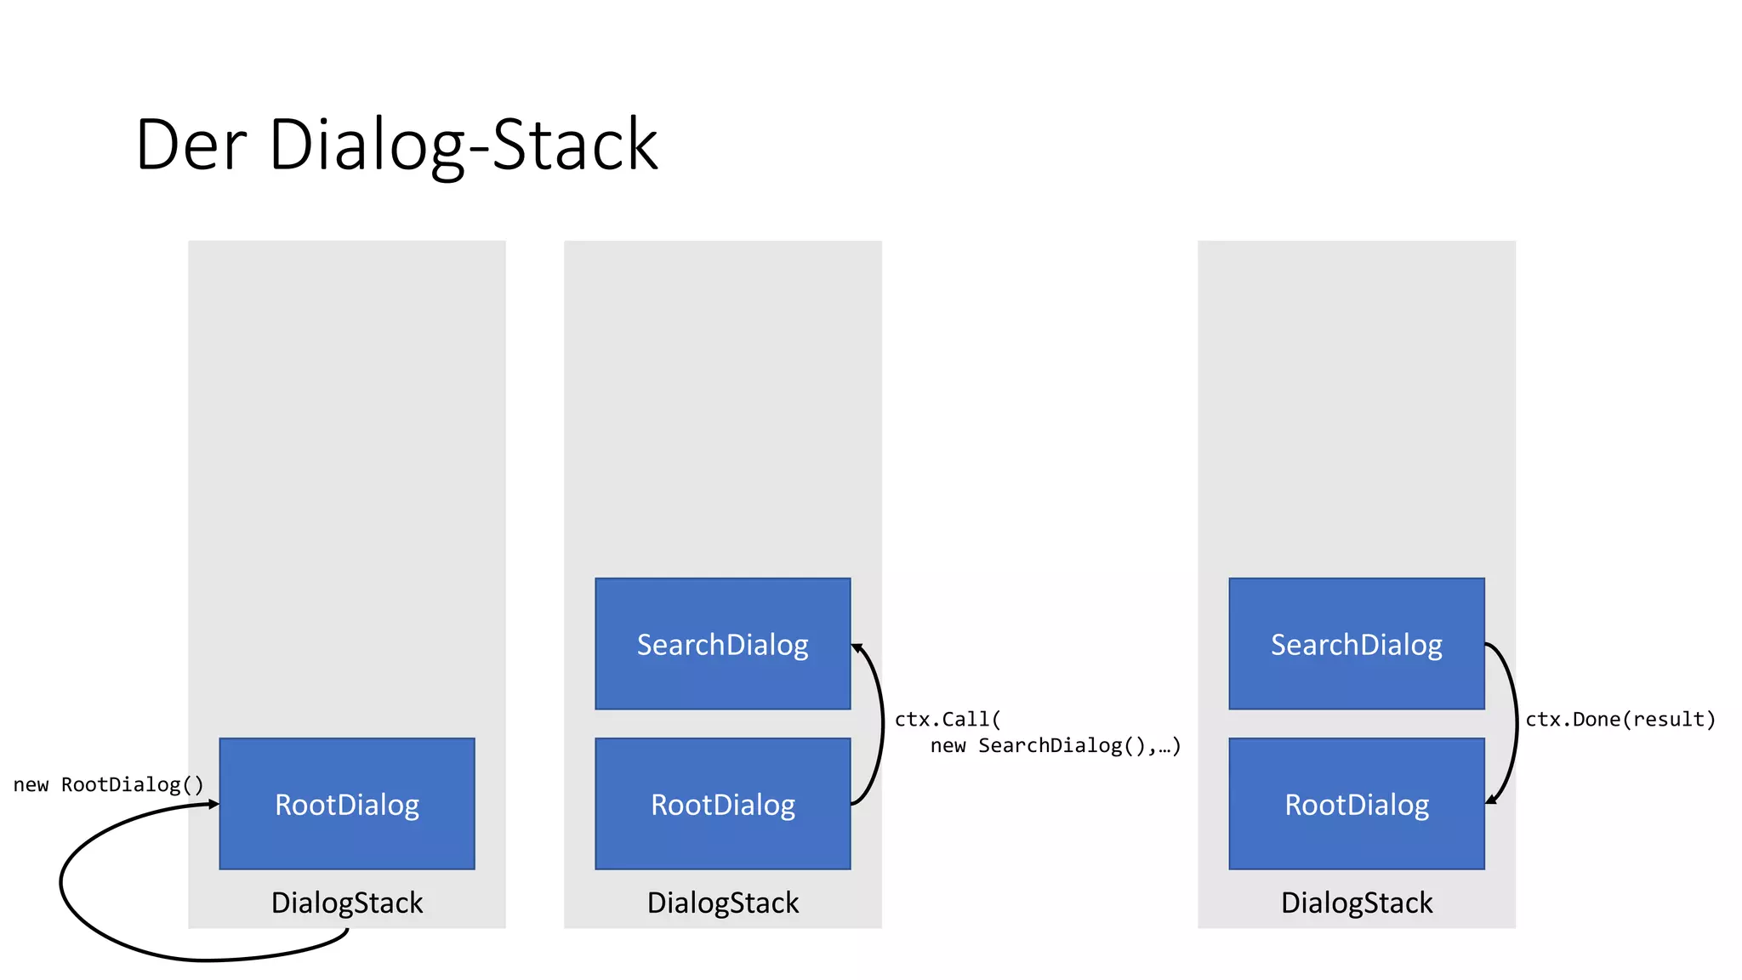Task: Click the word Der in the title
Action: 191,145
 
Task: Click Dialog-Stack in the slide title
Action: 464,145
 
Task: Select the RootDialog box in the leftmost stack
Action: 347,804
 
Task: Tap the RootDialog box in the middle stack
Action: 723,804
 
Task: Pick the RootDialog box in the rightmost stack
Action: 1357,804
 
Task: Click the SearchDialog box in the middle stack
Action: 723,644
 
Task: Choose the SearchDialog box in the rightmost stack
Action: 1357,644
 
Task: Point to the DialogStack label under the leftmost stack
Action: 347,903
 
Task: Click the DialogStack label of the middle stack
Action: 723,903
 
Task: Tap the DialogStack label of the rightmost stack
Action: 1357,903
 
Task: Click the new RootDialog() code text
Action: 109,784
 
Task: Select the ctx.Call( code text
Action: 948,720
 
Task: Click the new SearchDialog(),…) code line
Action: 1055,746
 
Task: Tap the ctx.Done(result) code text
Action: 1620,720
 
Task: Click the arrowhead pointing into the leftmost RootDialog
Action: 213,804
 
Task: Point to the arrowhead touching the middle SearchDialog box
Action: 857,648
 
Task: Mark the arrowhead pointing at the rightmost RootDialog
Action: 1491,799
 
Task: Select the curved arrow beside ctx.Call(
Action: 882,723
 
